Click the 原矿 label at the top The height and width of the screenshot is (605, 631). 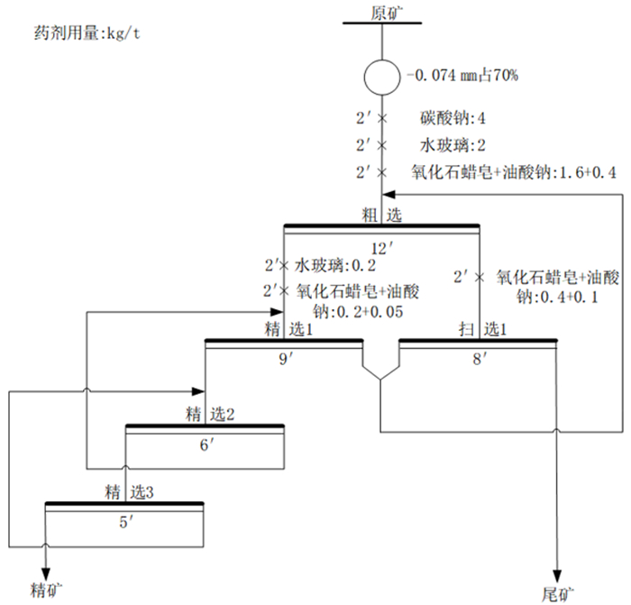pyautogui.click(x=382, y=12)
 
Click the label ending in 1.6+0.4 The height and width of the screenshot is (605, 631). pyautogui.click(x=514, y=171)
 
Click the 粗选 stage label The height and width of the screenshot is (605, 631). pyautogui.click(x=382, y=215)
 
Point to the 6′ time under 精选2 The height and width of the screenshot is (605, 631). pyautogui.click(x=206, y=445)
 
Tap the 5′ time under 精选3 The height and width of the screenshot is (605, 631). pyautogui.click(x=125, y=521)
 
